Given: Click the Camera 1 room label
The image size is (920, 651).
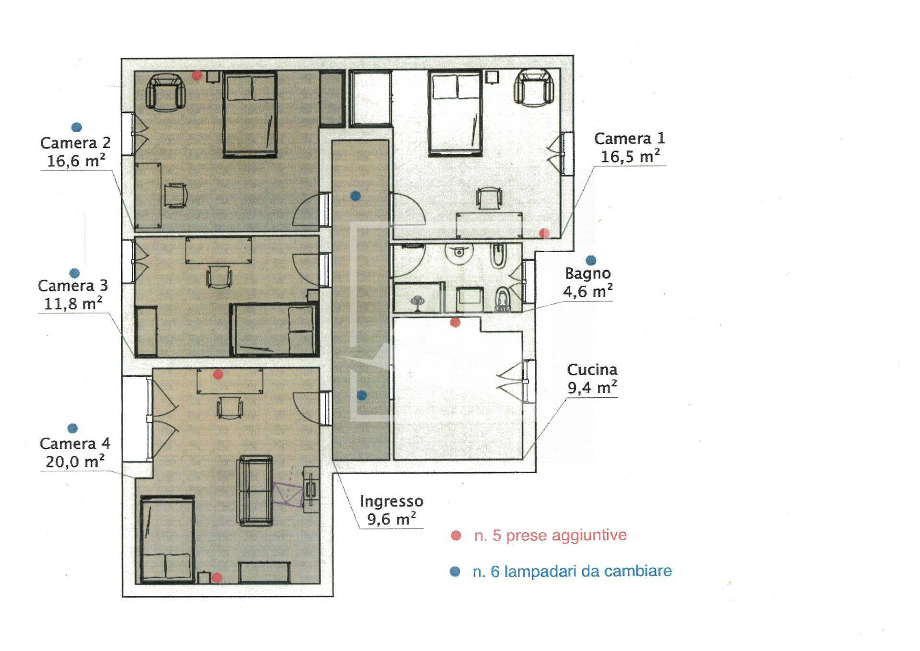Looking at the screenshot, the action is tap(629, 139).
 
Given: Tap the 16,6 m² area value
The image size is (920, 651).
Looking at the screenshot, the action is tap(76, 161).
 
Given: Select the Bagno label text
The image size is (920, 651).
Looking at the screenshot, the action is tap(588, 274).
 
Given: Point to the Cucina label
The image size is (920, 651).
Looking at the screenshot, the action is tap(592, 370).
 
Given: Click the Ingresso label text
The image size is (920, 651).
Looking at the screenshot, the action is tap(391, 501).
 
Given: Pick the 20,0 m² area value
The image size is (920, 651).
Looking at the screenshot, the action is tap(75, 462).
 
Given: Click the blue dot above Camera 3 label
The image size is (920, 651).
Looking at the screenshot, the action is tap(74, 273).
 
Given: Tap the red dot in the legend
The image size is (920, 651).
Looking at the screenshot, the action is tap(456, 536).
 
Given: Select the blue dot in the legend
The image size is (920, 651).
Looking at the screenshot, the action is tap(455, 571).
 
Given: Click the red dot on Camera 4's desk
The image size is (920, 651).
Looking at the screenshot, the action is tap(218, 374).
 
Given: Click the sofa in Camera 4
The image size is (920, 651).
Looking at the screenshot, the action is tap(255, 490).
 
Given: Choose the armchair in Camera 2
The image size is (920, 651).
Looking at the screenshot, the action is tap(166, 92).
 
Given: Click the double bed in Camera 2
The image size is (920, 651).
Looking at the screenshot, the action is tap(250, 115).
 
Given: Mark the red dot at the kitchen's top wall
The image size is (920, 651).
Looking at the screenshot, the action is tap(455, 322).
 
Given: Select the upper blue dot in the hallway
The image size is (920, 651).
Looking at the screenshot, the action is tap(355, 196).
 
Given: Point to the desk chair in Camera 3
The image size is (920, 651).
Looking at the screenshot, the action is tap(219, 277).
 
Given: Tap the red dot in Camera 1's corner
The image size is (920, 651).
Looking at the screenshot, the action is tap(544, 233).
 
